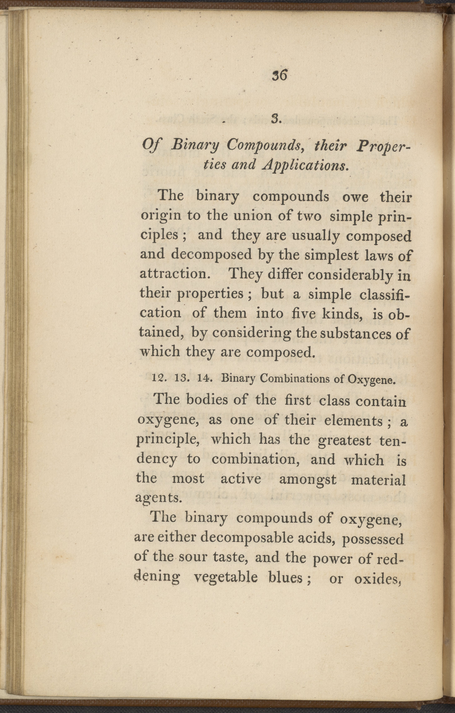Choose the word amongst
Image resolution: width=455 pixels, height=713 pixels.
[x=308, y=479]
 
